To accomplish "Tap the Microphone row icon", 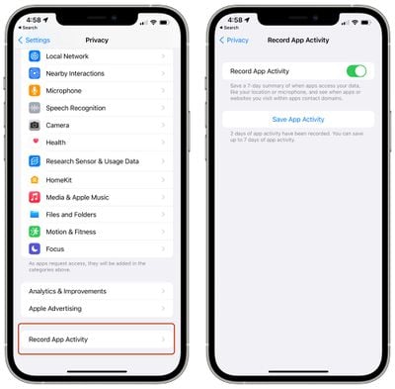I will coord(35,90).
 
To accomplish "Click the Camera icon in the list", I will coord(35,125).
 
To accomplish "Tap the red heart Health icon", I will coord(35,142).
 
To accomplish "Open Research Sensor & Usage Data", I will coord(92,160).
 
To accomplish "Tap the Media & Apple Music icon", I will coord(35,197).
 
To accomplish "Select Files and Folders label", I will coord(71,214).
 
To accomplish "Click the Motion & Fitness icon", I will coord(35,231).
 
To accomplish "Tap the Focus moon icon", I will coord(35,248).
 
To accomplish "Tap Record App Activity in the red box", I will coord(59,340).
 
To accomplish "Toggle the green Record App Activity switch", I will coord(356,71).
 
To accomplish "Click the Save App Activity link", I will coord(297,119).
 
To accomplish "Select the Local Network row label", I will coord(67,56).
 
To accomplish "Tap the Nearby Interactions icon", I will coord(35,73).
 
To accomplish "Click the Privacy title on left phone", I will coord(97,40).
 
